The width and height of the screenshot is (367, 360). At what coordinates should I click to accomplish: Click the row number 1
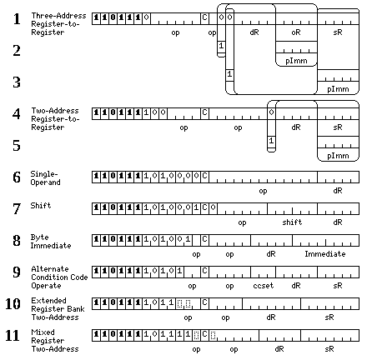pos(17,19)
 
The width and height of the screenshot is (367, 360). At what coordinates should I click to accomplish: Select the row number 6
pos(17,177)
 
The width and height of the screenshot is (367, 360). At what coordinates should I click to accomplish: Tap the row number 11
pos(13,336)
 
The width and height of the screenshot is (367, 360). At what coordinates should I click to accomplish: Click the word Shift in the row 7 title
pos(41,206)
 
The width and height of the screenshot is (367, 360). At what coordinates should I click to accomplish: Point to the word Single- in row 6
pos(44,174)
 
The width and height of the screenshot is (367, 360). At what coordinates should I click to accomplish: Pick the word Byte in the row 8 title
pos(39,237)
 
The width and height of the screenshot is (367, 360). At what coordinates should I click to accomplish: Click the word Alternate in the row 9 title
pos(50,269)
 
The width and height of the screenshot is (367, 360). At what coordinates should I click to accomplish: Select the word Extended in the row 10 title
pos(48,301)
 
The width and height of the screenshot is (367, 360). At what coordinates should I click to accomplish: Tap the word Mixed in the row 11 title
pos(43,332)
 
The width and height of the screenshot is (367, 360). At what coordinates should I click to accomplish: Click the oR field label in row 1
pos(296,32)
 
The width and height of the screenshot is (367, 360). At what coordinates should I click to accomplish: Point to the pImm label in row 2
pos(296,61)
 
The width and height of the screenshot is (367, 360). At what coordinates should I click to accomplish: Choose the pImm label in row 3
pos(338,89)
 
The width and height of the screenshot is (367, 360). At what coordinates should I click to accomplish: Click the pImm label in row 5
pos(338,156)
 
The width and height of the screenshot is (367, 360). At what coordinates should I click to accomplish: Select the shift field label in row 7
pos(292,222)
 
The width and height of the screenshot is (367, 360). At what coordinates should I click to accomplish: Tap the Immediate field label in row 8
pos(325,254)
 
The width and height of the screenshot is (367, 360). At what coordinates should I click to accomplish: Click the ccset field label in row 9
pos(264,286)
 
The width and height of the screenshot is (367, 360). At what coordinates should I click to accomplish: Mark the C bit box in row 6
pos(204,176)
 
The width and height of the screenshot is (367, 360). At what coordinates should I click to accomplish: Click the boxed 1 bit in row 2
pos(221,46)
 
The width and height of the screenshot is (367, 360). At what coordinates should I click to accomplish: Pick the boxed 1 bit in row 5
pos(271,141)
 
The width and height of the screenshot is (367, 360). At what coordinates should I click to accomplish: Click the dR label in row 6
pos(338,191)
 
